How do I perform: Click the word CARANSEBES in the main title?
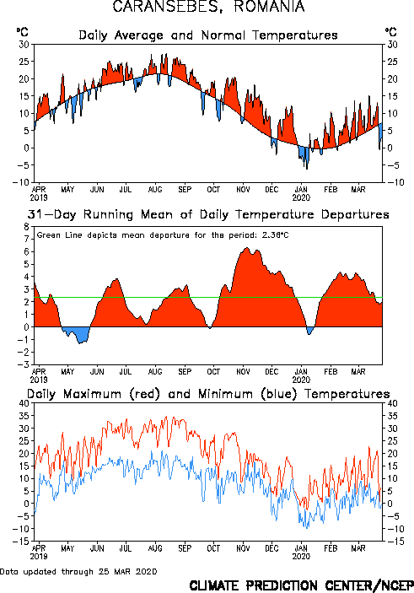click(x=166, y=7)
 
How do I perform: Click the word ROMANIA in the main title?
click(x=269, y=7)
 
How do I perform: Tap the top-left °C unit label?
click(x=22, y=32)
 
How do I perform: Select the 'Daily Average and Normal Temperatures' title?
click(x=208, y=35)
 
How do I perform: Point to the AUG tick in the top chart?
click(x=155, y=189)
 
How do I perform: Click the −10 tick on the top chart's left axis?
click(x=21, y=182)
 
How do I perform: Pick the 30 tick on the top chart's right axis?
click(x=392, y=45)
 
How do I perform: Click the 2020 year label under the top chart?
click(x=301, y=197)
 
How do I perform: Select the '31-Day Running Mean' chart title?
click(x=208, y=214)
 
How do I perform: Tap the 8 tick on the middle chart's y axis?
click(x=26, y=227)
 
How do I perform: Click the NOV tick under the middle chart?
click(x=243, y=372)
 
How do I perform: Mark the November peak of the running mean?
click(x=247, y=248)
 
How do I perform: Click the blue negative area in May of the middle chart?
click(x=77, y=333)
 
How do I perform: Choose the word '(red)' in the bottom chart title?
click(x=145, y=394)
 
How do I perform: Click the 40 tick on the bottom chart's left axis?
click(x=24, y=403)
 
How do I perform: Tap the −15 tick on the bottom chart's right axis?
click(x=392, y=542)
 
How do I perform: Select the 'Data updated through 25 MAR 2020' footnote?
click(x=78, y=571)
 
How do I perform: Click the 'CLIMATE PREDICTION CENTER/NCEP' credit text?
click(x=301, y=585)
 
